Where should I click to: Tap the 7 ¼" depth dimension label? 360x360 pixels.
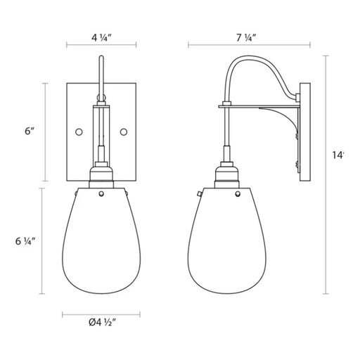pyautogui.click(x=246, y=37)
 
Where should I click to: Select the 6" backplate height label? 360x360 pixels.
pyautogui.click(x=30, y=131)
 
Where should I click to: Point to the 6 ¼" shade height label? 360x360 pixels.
pyautogui.click(x=25, y=241)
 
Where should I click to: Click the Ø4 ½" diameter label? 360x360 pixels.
pyautogui.click(x=103, y=323)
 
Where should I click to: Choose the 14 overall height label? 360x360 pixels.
pyautogui.click(x=338, y=155)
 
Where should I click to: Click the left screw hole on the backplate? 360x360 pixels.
pyautogui.click(x=79, y=132)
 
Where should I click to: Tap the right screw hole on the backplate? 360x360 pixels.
pyautogui.click(x=124, y=132)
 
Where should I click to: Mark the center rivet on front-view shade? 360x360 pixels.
pyautogui.click(x=101, y=193)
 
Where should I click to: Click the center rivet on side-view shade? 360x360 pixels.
pyautogui.click(x=238, y=193)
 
